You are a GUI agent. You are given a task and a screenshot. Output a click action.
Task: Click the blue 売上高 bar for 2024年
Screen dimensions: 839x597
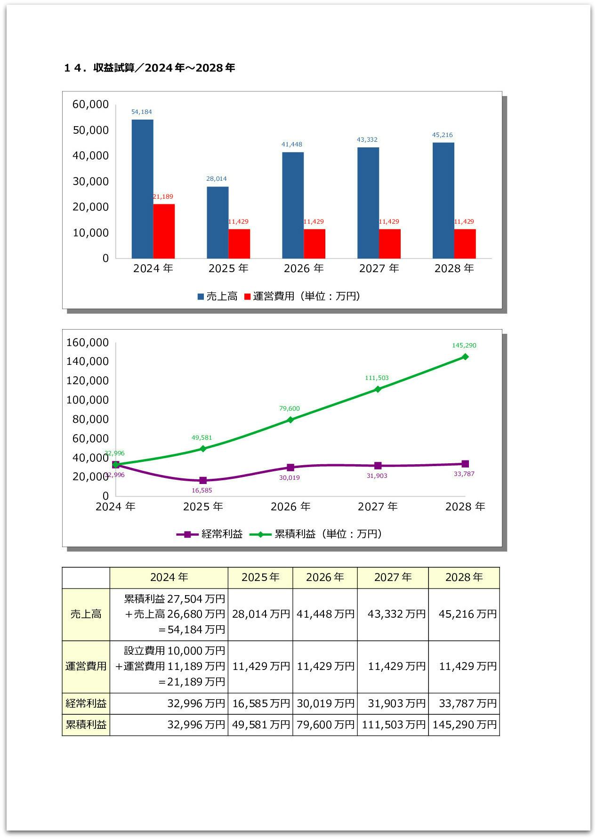142,188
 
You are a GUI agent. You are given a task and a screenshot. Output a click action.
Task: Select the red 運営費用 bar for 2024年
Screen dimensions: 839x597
164,231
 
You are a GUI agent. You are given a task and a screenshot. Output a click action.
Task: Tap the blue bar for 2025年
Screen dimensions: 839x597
218,222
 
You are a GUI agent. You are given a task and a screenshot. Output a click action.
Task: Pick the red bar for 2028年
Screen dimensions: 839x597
465,243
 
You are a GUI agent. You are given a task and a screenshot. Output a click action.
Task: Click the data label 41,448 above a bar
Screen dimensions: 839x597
292,144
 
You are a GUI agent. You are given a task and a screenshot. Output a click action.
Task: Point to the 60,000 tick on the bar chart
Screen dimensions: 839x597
90,105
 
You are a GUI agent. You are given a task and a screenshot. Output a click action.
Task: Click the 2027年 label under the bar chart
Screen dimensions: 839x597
379,268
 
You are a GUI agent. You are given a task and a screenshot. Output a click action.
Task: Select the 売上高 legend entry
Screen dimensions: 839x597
218,296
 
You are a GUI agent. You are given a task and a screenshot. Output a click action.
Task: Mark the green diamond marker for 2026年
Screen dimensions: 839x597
290,419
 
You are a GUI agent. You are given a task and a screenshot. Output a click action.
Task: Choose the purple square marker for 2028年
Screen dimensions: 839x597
465,464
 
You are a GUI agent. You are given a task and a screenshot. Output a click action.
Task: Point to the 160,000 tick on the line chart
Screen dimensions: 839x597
88,342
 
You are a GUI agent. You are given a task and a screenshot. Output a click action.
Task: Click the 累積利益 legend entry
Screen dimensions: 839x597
289,534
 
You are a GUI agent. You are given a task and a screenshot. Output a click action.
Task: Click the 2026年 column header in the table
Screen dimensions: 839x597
325,577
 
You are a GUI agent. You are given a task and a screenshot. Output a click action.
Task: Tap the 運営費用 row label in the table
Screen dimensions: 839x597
86,666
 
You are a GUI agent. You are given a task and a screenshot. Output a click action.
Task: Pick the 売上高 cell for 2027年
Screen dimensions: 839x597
393,614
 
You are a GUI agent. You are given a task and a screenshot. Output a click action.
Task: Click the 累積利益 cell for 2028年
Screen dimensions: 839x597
464,725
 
